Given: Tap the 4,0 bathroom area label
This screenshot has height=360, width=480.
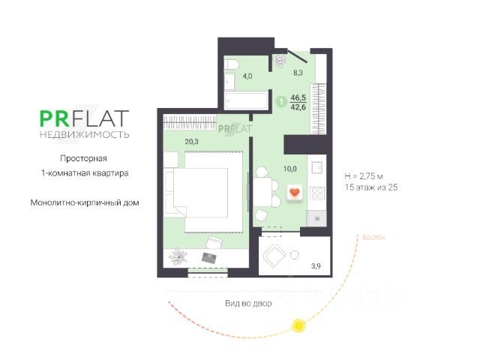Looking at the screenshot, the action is click(246, 76).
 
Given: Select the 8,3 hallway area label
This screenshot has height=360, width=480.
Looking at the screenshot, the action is click(298, 73).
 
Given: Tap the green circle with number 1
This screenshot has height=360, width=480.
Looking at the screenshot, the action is click(280, 102).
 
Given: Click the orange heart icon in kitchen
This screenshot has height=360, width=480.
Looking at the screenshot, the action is click(294, 192).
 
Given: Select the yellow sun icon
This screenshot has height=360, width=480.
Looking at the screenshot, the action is click(298, 325).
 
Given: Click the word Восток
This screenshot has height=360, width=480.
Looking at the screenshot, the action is click(373, 237).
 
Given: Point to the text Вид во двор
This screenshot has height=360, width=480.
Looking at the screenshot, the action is click(248, 304).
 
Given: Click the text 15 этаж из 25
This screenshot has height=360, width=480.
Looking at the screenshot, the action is click(370, 187).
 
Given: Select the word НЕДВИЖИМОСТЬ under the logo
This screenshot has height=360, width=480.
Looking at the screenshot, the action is click(84, 135).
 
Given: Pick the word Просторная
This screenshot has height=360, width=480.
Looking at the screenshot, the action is click(84, 158).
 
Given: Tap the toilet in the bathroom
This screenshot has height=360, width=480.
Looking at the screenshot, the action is click(231, 64).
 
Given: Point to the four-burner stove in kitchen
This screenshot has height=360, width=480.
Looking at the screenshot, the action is click(316, 192).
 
